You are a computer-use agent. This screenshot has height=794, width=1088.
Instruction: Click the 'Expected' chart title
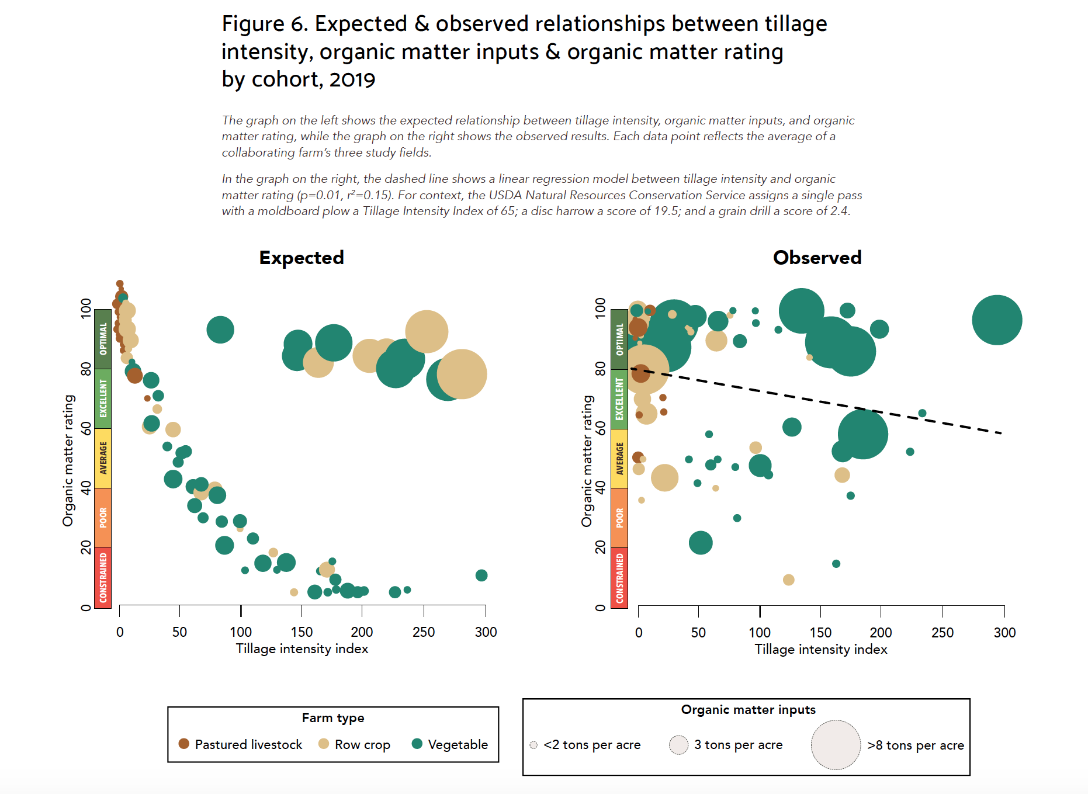tap(302, 258)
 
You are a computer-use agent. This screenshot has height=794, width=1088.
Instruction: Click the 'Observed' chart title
tap(817, 258)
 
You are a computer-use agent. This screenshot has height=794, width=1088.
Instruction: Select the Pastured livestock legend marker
tap(183, 743)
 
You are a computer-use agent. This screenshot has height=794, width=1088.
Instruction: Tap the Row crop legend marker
tap(324, 743)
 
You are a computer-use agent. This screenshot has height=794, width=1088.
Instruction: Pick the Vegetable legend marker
tap(417, 743)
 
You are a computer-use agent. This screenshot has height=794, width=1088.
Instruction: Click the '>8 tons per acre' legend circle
tap(836, 745)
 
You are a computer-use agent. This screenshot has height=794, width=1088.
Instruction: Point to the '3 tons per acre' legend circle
tap(678, 745)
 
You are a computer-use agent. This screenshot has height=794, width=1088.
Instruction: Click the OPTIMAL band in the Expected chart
tap(103, 339)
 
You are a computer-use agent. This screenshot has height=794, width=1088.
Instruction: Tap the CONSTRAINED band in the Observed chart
tap(619, 577)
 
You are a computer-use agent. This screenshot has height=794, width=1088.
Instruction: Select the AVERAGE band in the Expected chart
tap(103, 458)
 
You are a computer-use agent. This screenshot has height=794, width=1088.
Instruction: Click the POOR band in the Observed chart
tap(619, 518)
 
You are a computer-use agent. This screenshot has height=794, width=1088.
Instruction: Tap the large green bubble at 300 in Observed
tap(997, 320)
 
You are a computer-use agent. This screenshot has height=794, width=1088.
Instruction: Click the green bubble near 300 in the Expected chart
tap(481, 575)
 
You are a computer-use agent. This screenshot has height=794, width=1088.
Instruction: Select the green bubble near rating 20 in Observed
tap(701, 543)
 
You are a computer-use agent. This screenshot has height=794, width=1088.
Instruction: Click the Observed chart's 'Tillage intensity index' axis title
tap(821, 650)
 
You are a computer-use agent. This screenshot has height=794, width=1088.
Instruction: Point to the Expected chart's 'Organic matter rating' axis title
tap(68, 460)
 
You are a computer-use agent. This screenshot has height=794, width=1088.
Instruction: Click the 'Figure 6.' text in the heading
tap(265, 24)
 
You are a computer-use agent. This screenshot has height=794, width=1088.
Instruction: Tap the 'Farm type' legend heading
tap(333, 718)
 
